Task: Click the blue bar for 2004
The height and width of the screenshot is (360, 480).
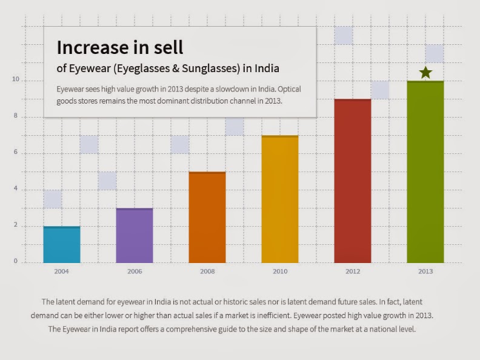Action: point(61,245)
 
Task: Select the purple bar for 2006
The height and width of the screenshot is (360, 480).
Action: point(135,236)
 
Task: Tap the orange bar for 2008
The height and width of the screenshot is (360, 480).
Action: point(207,218)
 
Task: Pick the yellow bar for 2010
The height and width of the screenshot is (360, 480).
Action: point(280,199)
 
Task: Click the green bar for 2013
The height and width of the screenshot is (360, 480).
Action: point(425,172)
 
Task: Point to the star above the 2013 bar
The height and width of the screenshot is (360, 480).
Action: point(425,73)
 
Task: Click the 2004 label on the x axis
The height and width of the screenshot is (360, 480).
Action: point(61,272)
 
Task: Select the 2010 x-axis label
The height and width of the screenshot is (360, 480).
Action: point(280,272)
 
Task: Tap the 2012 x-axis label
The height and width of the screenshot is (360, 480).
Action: point(353,272)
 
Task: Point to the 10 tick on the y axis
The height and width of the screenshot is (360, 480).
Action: point(16,80)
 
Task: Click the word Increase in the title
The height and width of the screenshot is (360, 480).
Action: point(95,47)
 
